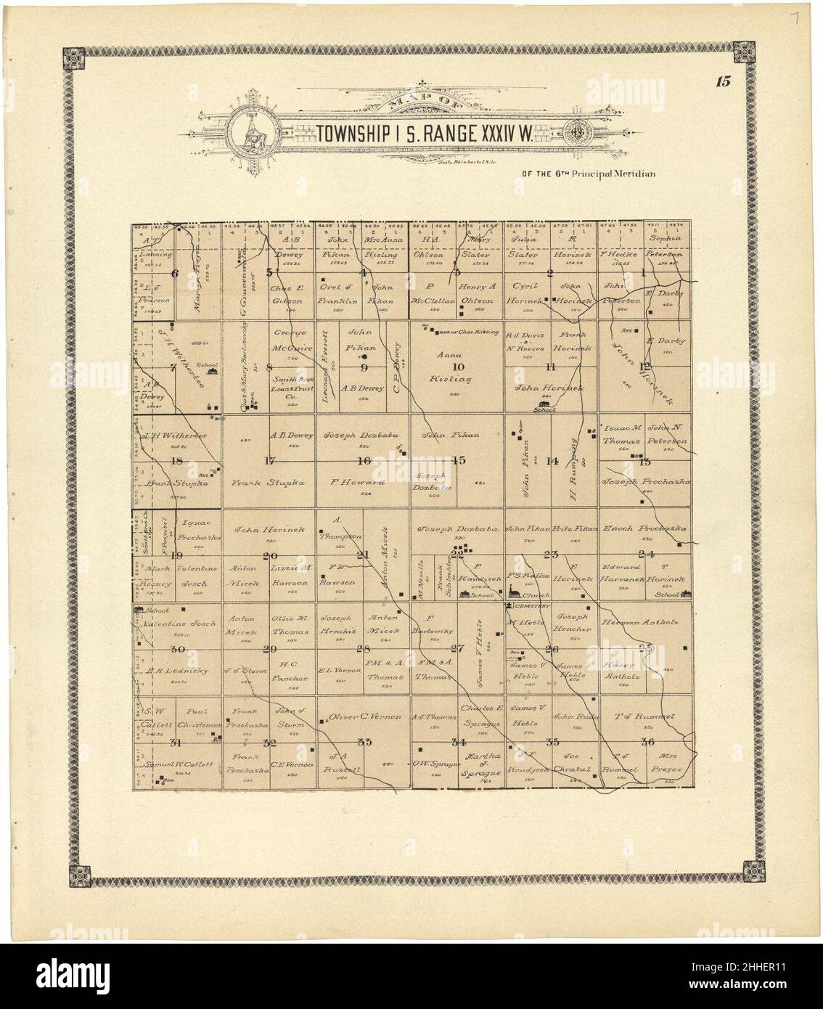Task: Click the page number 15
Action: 722,81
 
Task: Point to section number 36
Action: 647,741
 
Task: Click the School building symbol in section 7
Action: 211,370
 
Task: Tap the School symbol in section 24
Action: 684,595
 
